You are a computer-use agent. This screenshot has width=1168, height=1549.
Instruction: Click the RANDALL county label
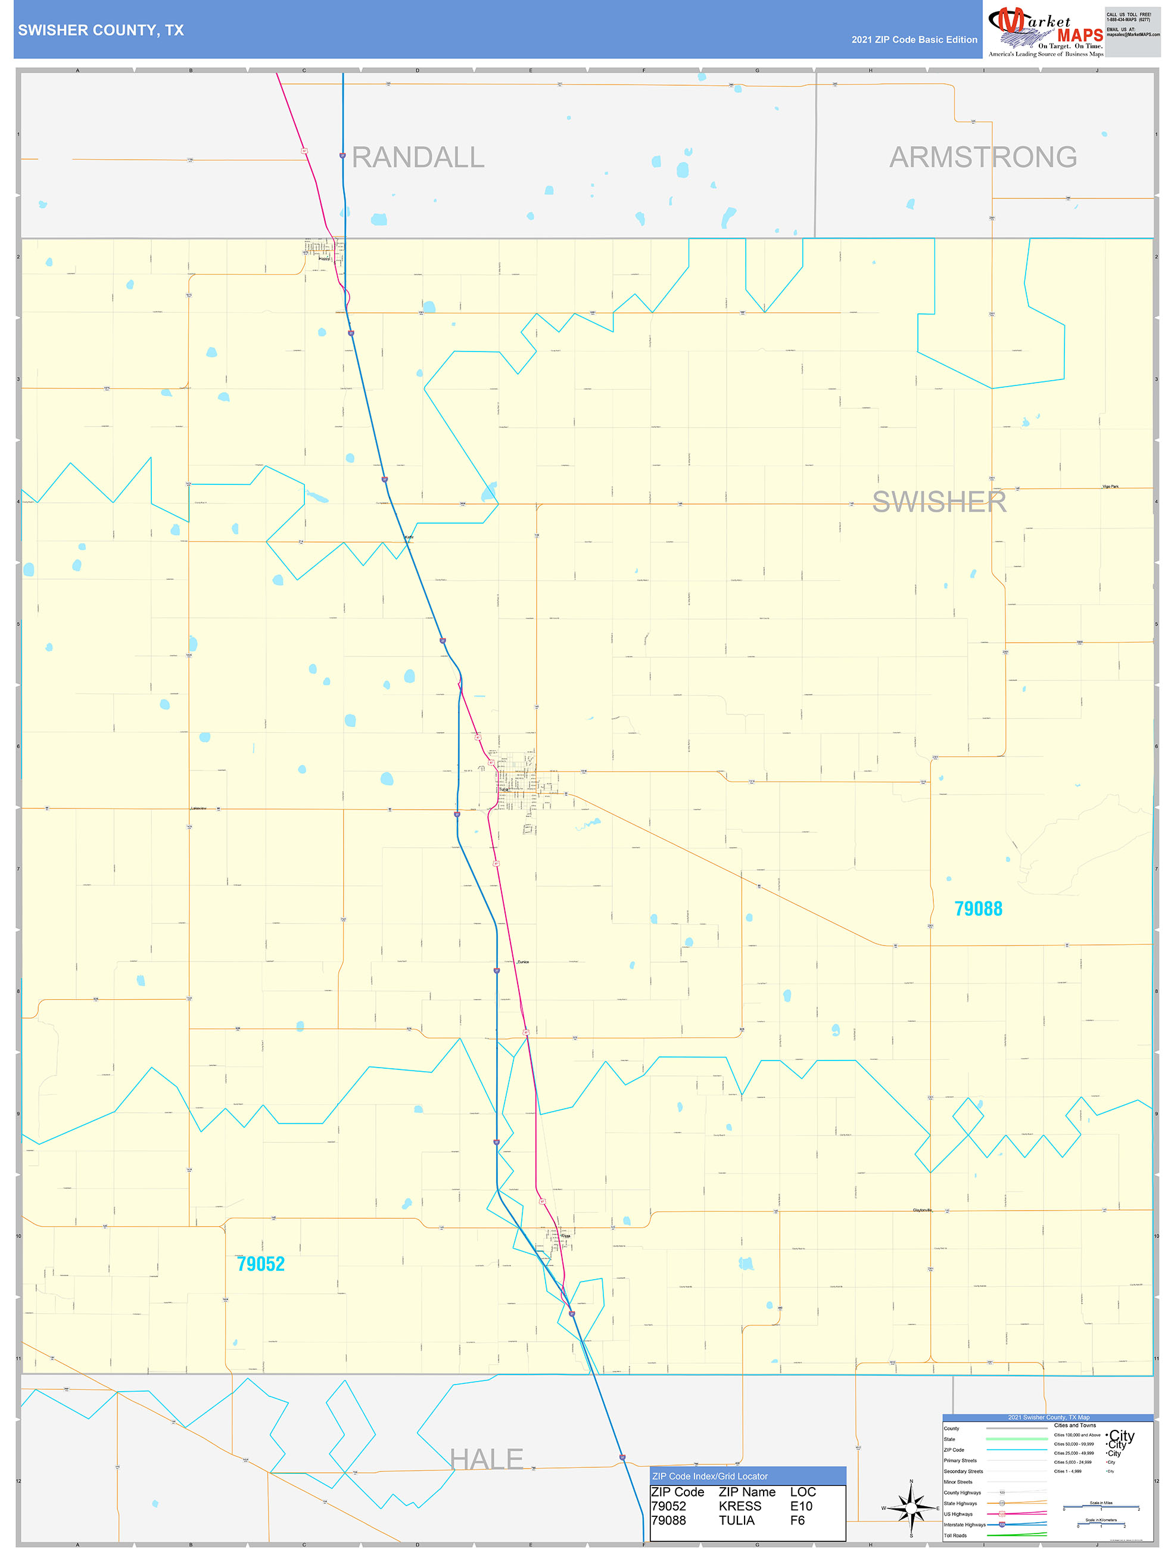418,157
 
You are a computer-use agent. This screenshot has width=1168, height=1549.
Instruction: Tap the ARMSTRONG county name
982,157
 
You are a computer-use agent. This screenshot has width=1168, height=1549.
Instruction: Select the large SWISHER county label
939,502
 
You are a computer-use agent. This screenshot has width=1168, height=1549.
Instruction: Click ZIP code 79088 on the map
978,909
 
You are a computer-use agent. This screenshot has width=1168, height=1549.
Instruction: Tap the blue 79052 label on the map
260,1264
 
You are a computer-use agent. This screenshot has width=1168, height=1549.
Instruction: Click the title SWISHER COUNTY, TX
101,30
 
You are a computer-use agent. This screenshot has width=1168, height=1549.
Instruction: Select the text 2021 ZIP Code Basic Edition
914,40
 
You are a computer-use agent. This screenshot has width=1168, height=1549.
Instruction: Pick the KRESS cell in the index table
739,1506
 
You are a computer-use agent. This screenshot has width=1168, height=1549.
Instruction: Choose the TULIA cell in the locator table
737,1520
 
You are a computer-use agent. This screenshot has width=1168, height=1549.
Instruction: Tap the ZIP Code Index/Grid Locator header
710,1476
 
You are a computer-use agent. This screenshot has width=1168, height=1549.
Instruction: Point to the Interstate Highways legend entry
964,1525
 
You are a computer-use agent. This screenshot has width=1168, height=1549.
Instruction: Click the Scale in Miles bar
1101,1507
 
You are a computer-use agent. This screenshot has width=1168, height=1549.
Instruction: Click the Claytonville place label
922,1210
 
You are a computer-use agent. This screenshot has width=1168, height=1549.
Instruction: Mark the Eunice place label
523,962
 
